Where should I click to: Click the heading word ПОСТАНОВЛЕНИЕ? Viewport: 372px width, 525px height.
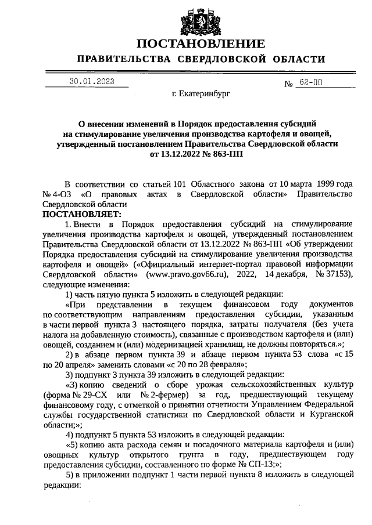tap(201, 44)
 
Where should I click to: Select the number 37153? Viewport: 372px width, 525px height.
tap(335, 275)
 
